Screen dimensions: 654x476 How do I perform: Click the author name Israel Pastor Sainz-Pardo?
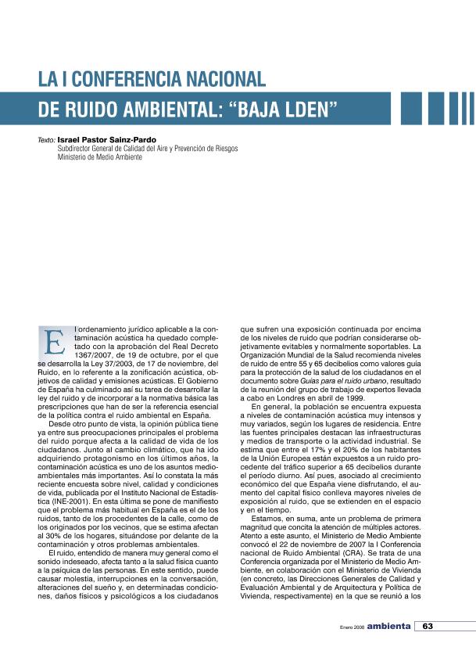point(102,139)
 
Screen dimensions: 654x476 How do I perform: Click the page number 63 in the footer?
point(428,626)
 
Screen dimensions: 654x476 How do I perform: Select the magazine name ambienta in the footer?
point(388,626)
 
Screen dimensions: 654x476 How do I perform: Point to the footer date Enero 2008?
point(352,627)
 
